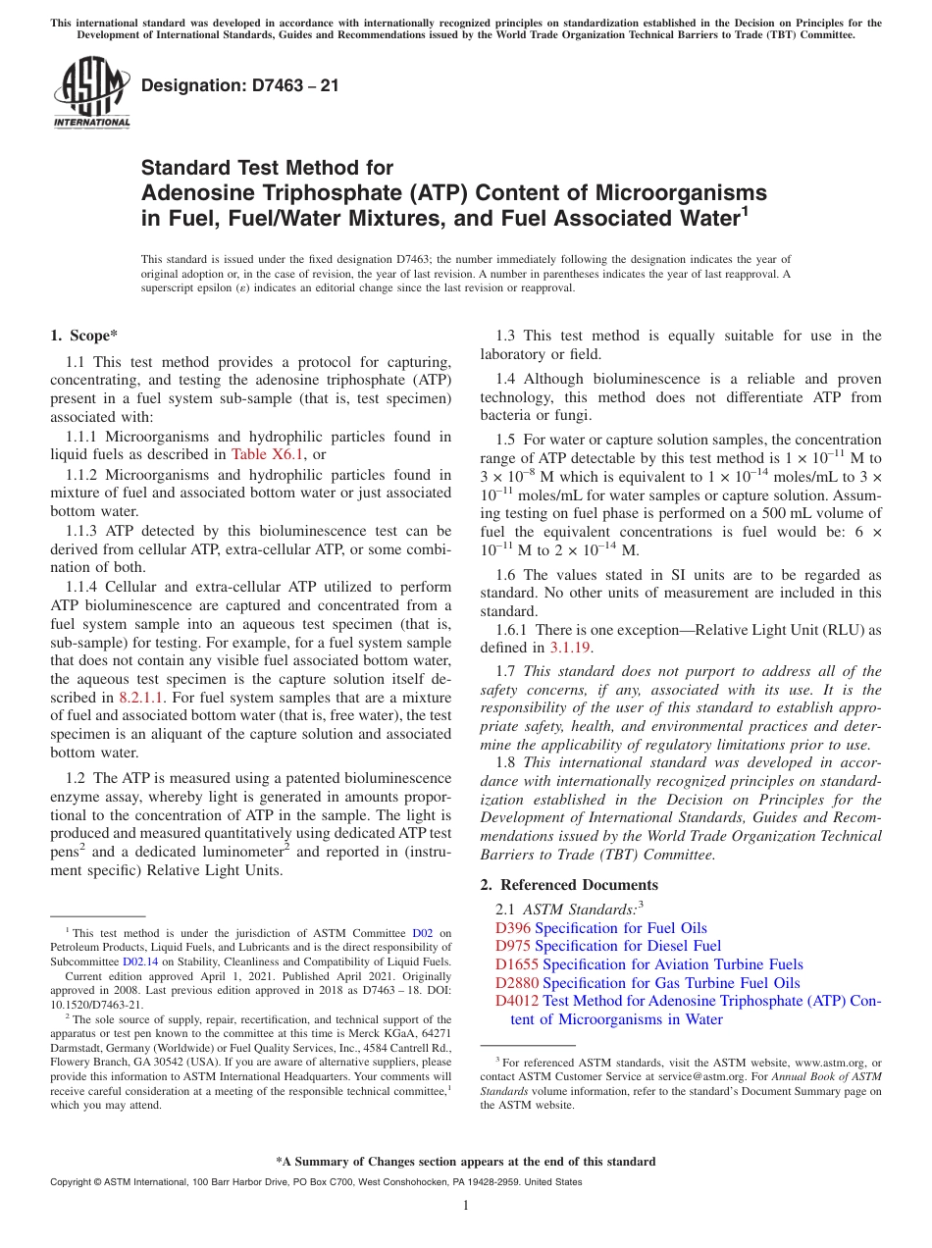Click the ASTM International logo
90,93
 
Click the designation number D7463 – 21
240,85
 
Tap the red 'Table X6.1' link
268,453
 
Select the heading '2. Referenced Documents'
569,885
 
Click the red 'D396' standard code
513,928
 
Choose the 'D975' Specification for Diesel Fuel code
513,946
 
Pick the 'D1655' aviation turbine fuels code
517,964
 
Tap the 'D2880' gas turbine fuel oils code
517,983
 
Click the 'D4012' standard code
517,1001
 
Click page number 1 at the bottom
466,1206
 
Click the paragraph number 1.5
505,440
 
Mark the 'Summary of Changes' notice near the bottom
466,1162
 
